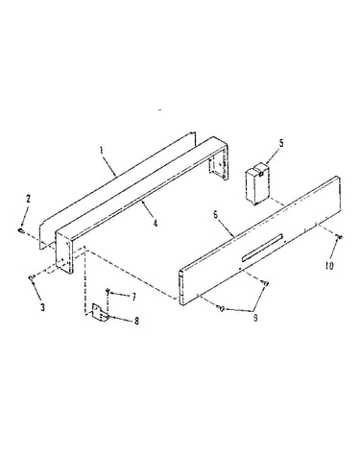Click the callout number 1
pos(102,150)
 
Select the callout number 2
pos(28,199)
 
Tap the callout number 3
pos(42,307)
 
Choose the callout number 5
pos(281,143)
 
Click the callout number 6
pos(215,214)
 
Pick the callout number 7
pos(134,297)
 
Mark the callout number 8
pos(136,321)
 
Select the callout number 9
pos(255,318)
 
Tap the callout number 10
pos(329,265)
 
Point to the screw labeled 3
pos(32,277)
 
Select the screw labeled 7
pos(108,290)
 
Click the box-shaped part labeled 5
pos(257,183)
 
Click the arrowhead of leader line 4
pos(142,202)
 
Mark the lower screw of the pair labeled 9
pos(221,308)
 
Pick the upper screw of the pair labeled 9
pos(266,282)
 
